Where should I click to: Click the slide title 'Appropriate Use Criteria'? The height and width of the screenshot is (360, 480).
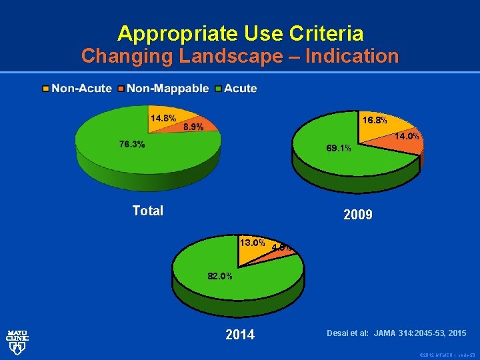(240, 33)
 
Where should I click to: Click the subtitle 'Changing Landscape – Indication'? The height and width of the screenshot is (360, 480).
(240, 56)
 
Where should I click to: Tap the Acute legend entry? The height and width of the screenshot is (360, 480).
(241, 88)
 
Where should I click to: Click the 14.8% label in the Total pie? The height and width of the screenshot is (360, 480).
(163, 118)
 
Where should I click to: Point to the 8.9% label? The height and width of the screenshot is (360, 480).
(193, 127)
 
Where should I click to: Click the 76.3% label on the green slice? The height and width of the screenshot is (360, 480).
(131, 145)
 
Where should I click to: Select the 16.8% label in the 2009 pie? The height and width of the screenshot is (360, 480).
(374, 121)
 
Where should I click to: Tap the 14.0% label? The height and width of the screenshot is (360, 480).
(407, 137)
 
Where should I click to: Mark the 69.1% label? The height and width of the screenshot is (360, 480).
(338, 148)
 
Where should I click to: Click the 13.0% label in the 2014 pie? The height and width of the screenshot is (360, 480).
(253, 243)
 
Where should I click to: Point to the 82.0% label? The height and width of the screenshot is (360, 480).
(219, 276)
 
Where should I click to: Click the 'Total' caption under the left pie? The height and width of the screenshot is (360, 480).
(147, 211)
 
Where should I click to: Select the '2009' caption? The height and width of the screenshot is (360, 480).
(358, 215)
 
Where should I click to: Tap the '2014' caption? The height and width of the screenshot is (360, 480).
(240, 335)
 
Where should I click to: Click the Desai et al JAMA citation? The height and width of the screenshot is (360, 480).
(396, 333)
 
